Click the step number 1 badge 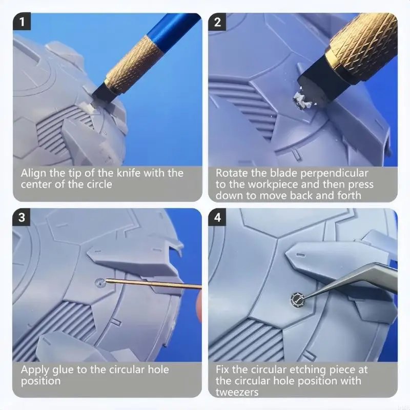[x=22, y=22]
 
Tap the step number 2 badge [x=217, y=22]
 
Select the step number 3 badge [x=22, y=217]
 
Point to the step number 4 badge [x=217, y=217]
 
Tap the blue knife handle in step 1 [x=173, y=28]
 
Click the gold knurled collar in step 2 [x=363, y=45]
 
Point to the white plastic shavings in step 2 [x=303, y=100]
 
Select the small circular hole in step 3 [x=100, y=283]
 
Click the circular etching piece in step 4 [x=298, y=299]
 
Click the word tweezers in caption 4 [x=237, y=392]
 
